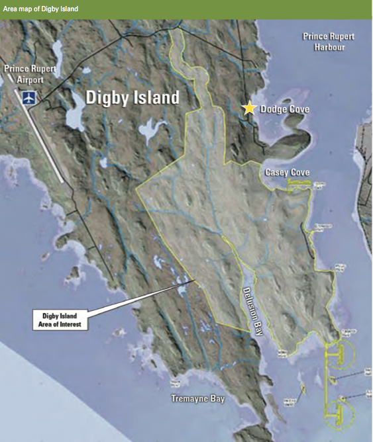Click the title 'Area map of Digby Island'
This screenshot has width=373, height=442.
40,9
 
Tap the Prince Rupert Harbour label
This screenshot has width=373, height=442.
329,41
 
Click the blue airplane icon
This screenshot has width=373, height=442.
29,97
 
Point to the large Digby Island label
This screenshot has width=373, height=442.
133,98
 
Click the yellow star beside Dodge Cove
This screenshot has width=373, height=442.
249,108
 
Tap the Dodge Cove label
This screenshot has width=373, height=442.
285,109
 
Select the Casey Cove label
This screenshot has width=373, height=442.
287,172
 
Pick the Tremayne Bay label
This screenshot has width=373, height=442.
197,398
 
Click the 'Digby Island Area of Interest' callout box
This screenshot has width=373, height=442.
60,319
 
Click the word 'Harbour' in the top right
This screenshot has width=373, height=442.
329,47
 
